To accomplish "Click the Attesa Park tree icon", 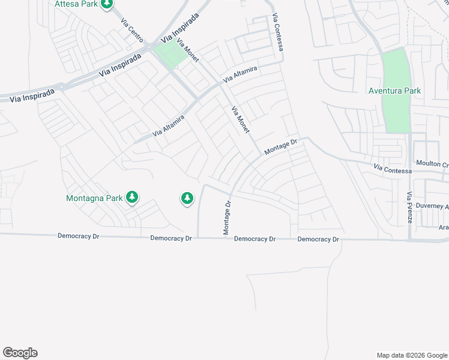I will click(x=107, y=4).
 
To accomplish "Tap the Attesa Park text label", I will click(x=76, y=4).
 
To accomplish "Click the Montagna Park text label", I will click(x=94, y=197).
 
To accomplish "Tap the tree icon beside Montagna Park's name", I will click(x=132, y=197).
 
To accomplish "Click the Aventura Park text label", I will click(x=394, y=91).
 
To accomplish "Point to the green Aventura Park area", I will click(x=396, y=114).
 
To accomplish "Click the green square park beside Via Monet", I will click(x=171, y=55).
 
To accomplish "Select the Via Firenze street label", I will click(x=409, y=208).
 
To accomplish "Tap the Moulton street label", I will click(x=432, y=164).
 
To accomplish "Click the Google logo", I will click(x=20, y=353).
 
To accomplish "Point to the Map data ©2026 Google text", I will click(x=411, y=355).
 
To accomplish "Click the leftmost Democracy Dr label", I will click(x=78, y=236).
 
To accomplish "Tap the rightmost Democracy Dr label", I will click(x=318, y=239).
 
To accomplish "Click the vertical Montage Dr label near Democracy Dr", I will click(x=227, y=218).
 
